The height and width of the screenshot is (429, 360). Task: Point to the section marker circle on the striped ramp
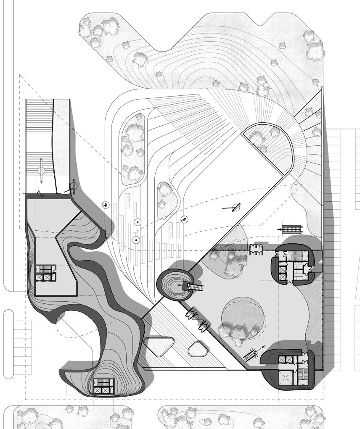tap(41, 171)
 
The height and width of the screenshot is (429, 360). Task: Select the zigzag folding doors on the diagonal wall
tap(196, 319)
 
